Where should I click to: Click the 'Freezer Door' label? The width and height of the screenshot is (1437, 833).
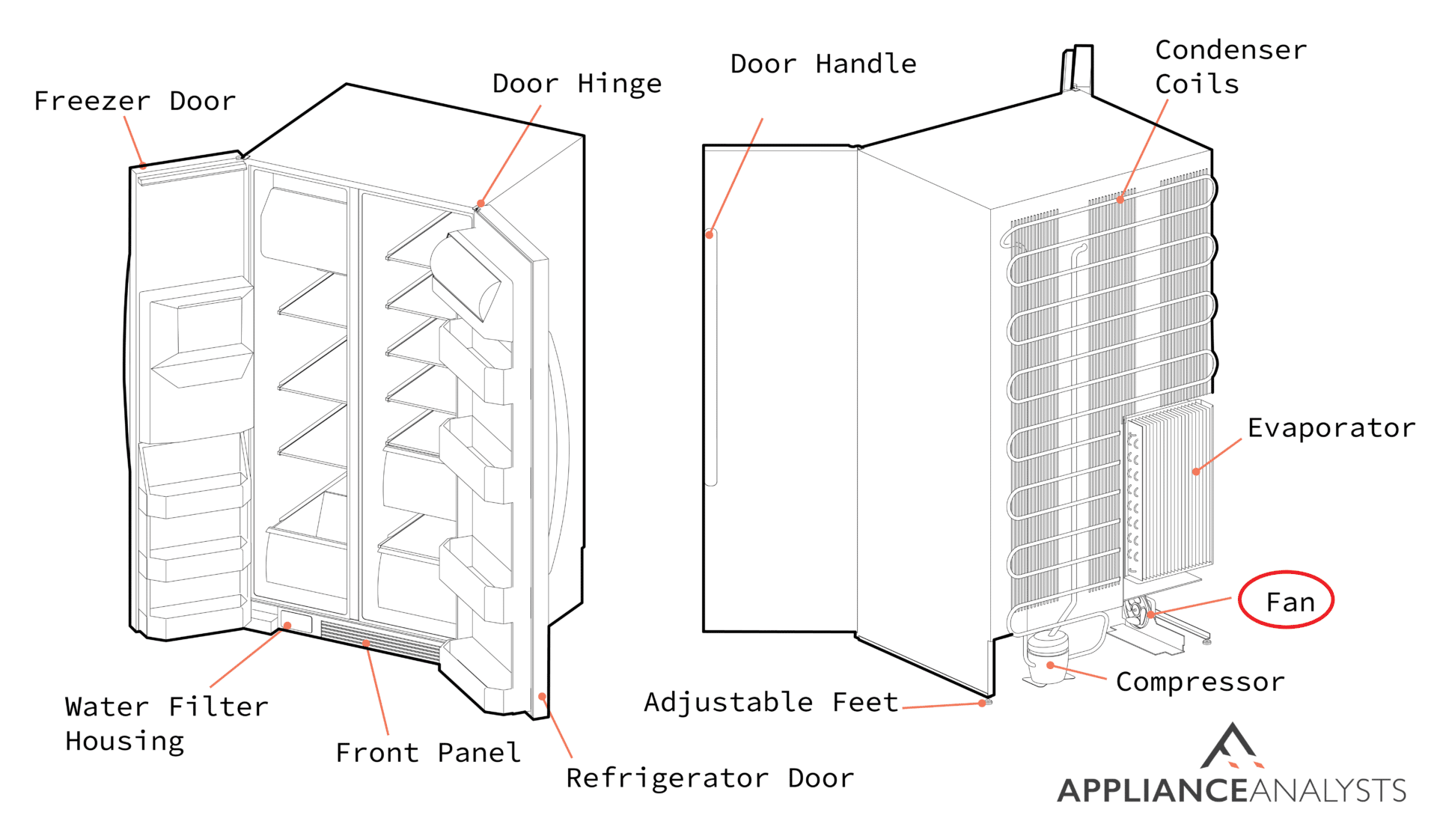(135, 101)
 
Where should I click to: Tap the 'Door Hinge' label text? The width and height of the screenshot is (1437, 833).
(576, 84)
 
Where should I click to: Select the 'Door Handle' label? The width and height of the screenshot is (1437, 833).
(823, 64)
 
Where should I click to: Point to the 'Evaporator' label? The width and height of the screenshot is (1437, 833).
(1331, 428)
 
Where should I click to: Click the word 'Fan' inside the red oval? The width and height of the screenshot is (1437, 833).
(1290, 602)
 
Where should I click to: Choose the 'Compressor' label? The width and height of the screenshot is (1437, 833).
(1200, 682)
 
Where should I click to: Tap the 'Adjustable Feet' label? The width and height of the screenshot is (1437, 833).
(771, 702)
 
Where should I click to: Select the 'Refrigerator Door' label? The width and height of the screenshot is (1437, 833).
(710, 778)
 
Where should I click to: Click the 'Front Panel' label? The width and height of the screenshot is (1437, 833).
(428, 753)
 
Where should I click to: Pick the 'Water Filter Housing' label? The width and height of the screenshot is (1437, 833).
(166, 724)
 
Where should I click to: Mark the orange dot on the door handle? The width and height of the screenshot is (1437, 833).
(710, 235)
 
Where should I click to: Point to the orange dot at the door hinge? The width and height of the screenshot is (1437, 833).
(480, 203)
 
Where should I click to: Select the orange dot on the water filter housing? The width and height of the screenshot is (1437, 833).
(287, 626)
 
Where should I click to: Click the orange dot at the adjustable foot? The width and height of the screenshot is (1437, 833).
(983, 704)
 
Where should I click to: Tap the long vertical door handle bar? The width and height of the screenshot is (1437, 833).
(711, 359)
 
